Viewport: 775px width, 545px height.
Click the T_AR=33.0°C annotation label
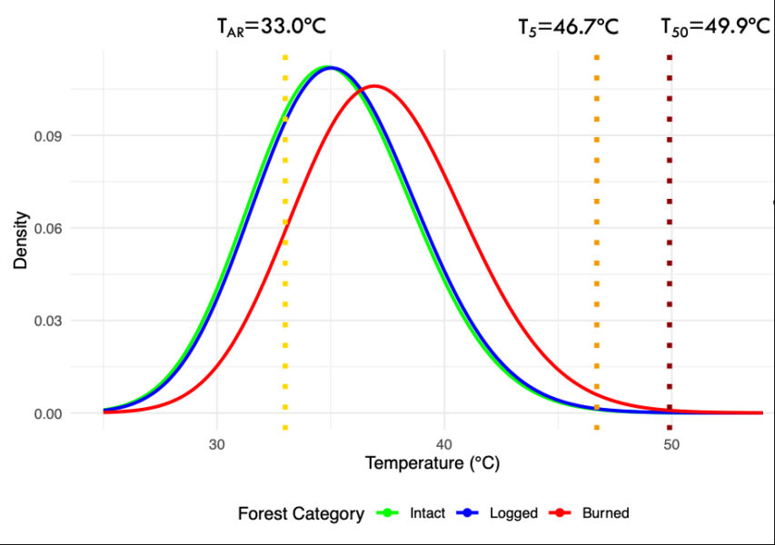click(271, 26)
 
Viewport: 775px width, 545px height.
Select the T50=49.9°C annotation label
click(715, 26)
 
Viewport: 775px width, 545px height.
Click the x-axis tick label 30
click(216, 444)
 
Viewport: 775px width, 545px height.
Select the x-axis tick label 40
click(443, 444)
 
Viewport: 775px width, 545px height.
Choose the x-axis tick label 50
click(671, 444)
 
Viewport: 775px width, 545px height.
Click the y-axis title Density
click(22, 240)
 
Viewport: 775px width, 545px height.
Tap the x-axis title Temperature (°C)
click(432, 463)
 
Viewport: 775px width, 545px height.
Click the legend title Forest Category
click(301, 514)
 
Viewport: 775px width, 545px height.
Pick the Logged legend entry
click(517, 513)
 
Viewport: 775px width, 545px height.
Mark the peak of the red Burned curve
click(373, 86)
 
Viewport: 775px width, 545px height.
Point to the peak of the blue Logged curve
click(331, 67)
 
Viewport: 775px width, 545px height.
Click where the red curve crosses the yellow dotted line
click(285, 230)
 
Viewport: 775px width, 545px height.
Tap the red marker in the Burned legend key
click(561, 513)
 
